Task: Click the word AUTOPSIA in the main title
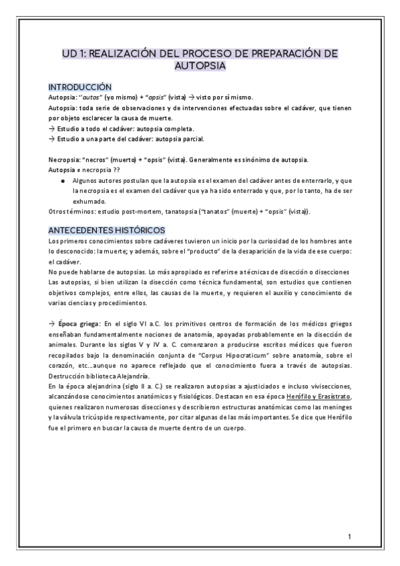[200, 66]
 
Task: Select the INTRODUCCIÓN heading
[80, 87]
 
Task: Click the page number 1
[350, 537]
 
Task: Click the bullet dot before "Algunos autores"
[62, 181]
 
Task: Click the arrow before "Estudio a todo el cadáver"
[51, 129]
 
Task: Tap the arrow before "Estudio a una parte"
[51, 139]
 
